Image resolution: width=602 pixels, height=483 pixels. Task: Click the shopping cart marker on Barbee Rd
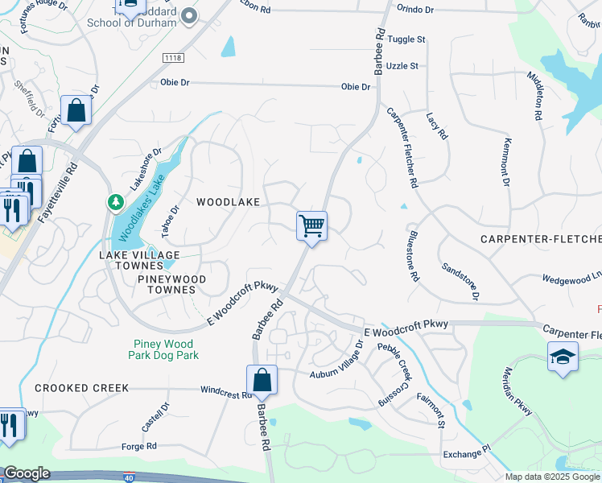[x=311, y=225]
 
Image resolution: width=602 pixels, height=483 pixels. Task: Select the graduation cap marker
[x=563, y=357]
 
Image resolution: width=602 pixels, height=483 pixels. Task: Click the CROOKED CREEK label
[x=81, y=388]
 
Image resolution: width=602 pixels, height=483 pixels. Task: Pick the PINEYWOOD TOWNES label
[x=171, y=284]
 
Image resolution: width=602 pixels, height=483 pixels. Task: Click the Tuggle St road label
[x=406, y=39]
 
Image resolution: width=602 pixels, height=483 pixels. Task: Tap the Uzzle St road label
[x=402, y=66]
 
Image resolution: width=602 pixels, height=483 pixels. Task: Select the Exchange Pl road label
[x=465, y=454]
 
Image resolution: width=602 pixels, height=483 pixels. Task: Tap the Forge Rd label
[x=139, y=446]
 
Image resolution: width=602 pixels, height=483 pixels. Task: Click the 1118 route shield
[x=172, y=57]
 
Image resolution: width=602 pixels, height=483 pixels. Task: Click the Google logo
[x=27, y=473]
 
